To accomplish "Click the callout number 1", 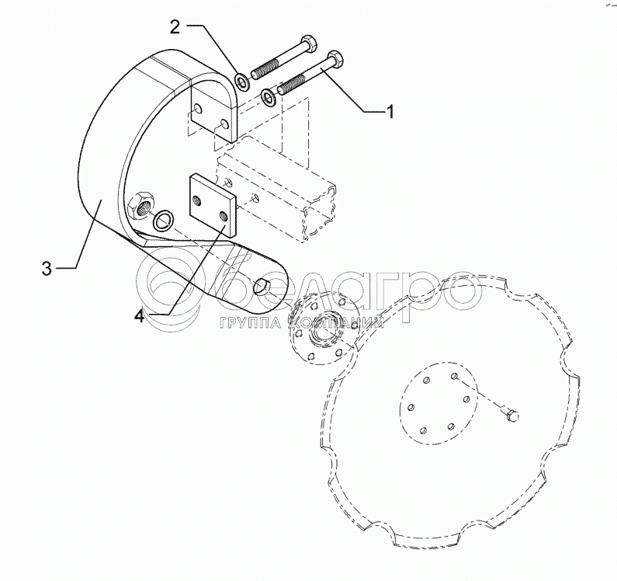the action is (x=390, y=112).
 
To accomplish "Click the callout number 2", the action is (x=175, y=28).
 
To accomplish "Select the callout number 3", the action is (x=46, y=270).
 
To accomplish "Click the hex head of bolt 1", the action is (x=336, y=58).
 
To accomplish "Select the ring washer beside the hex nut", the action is (x=163, y=221).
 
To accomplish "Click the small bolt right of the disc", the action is (x=512, y=418).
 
